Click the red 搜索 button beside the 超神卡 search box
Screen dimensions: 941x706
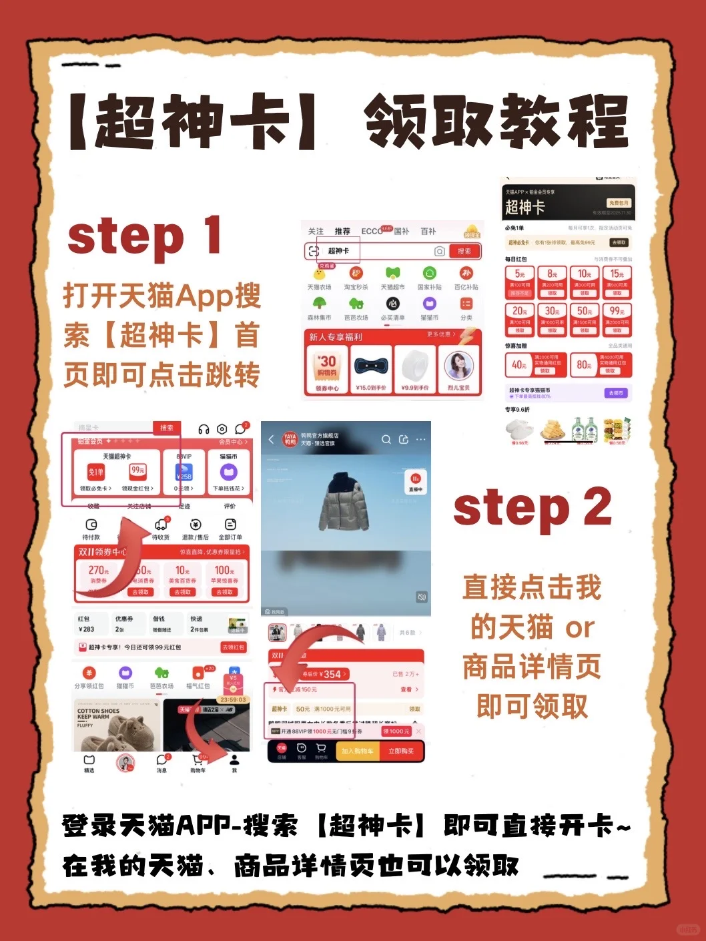(464, 251)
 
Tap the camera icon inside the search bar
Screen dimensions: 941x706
(439, 251)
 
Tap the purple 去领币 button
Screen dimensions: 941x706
(616, 393)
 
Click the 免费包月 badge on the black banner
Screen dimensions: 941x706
(618, 203)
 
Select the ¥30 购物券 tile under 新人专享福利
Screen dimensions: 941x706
(327, 369)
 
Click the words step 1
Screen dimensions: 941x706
(144, 236)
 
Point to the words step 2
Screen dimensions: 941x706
(532, 507)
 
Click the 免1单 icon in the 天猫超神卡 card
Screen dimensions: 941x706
(96, 473)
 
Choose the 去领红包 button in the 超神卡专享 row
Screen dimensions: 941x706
(233, 647)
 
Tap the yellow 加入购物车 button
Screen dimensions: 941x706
(358, 751)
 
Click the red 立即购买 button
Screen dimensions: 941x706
(401, 751)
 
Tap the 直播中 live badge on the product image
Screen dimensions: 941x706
(415, 482)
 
